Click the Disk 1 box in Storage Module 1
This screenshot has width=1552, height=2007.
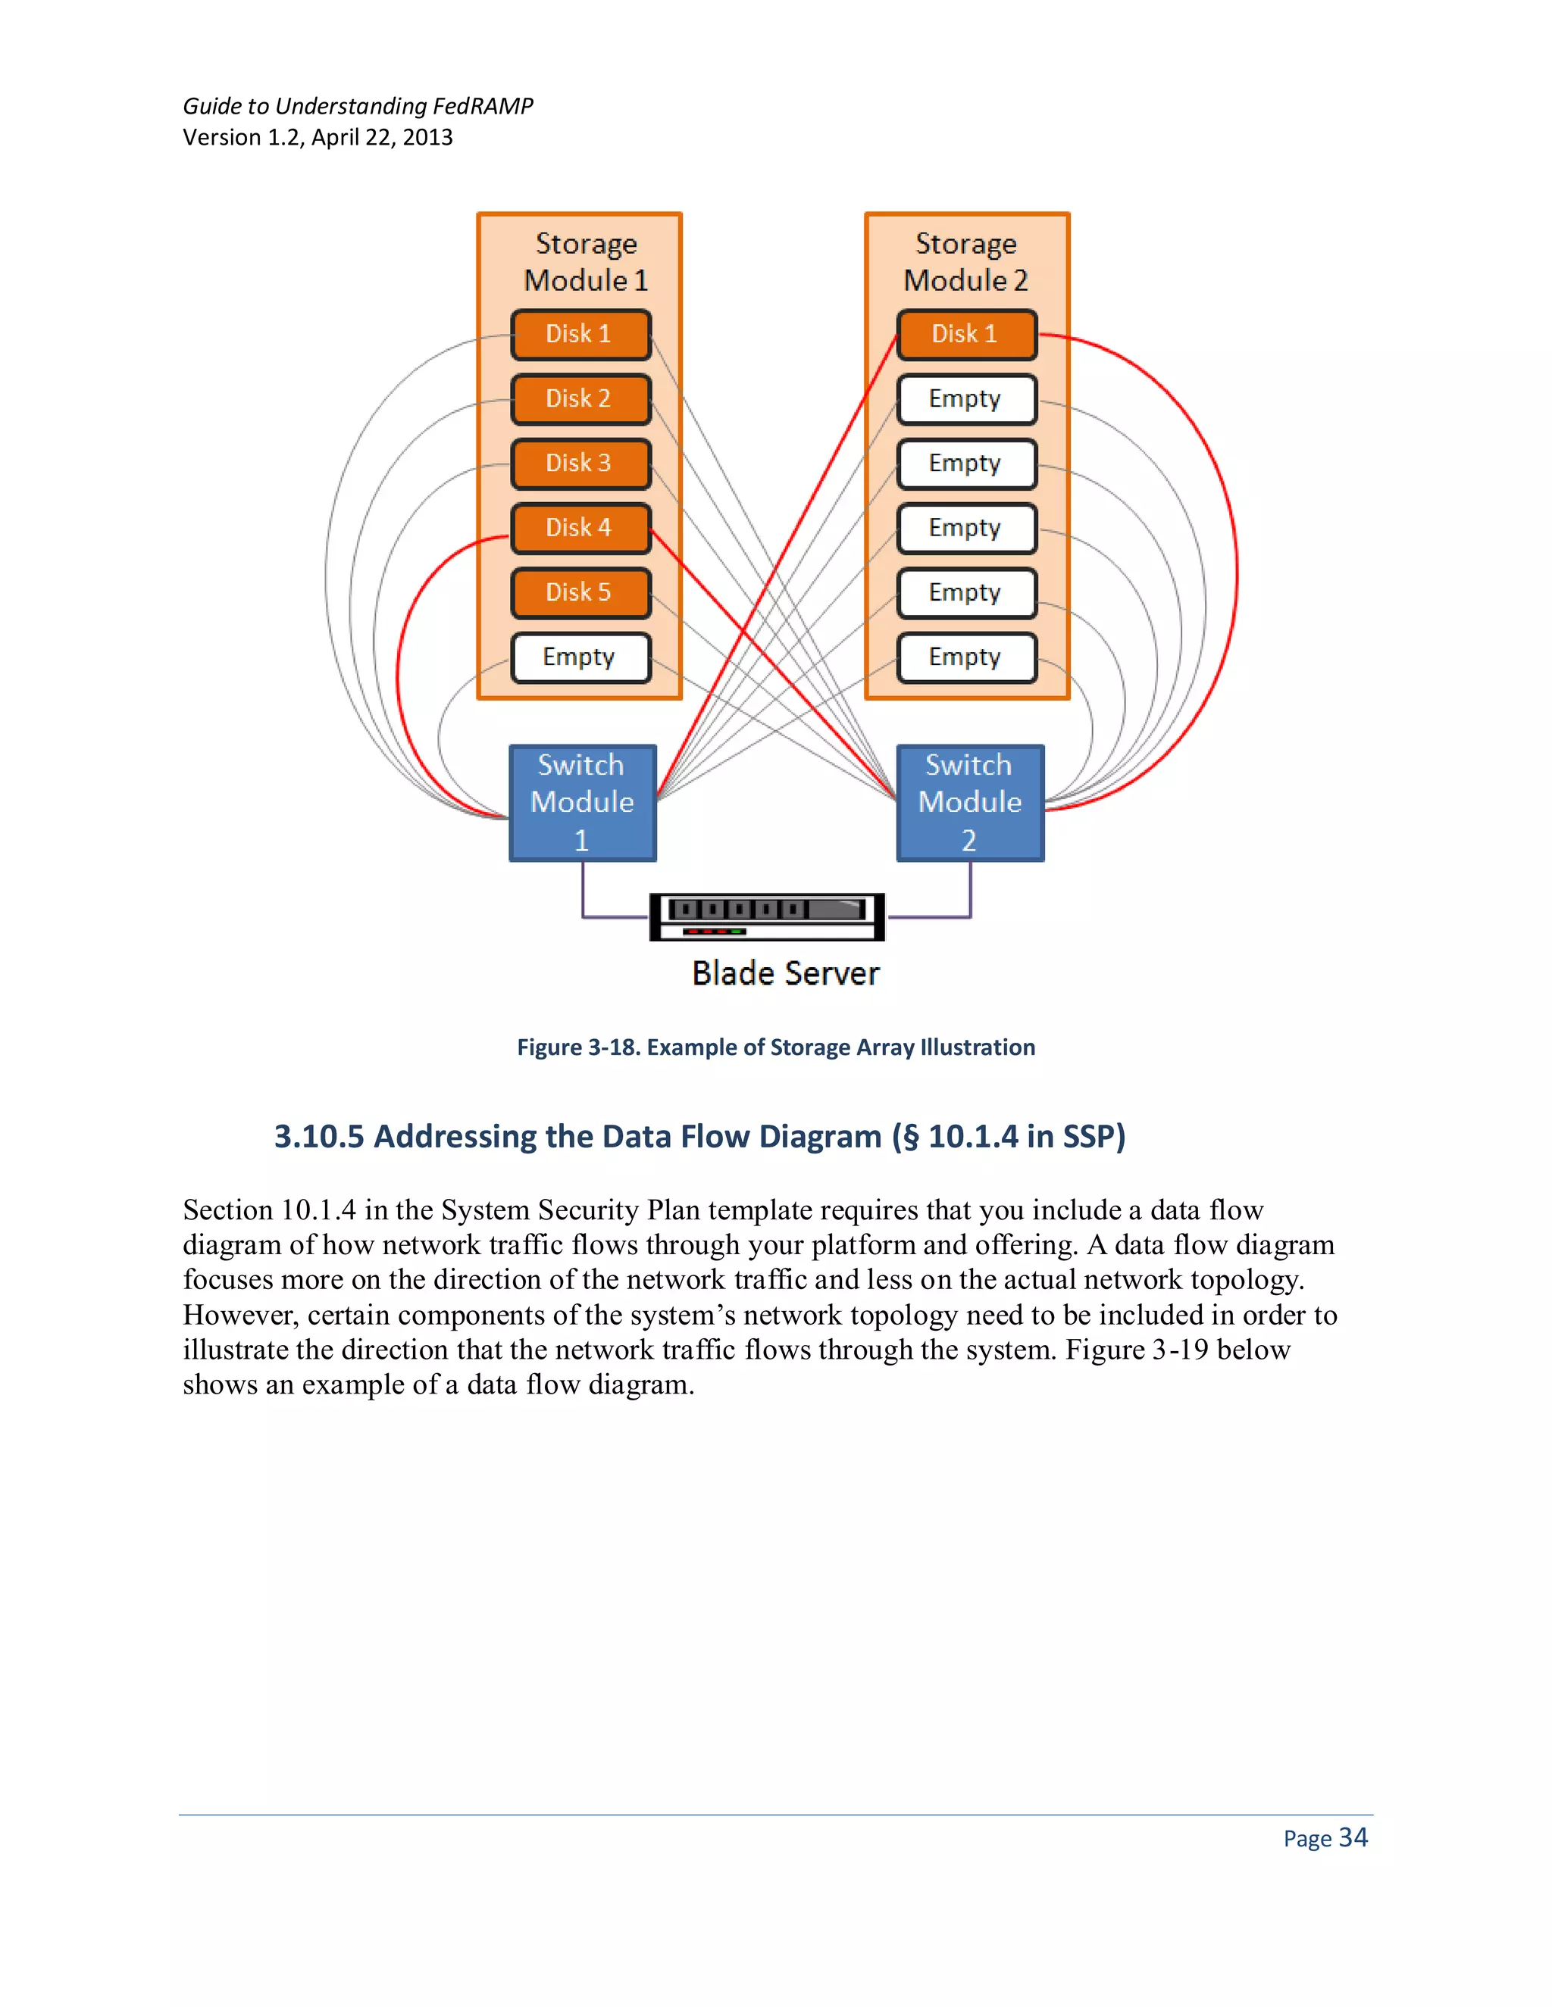[x=580, y=335]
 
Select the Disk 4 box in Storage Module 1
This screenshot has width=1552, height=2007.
[x=580, y=529]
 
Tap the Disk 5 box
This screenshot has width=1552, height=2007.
[x=580, y=593]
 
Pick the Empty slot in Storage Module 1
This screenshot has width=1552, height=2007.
[x=580, y=658]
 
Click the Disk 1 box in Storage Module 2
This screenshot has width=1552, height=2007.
[x=966, y=335]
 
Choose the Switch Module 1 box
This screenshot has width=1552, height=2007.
[x=583, y=803]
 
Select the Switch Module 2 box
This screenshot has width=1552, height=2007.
[x=970, y=803]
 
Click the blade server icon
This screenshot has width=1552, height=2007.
[x=767, y=916]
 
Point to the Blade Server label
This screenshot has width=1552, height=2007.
[x=785, y=973]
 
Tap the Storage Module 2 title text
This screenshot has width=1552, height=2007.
[x=965, y=262]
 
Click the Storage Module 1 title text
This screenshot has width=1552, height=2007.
[x=586, y=262]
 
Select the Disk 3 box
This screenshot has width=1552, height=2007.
[x=580, y=464]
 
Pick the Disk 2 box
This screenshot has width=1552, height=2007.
[x=580, y=400]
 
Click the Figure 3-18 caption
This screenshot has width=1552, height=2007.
[x=776, y=1047]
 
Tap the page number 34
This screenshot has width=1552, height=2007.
[x=1353, y=1838]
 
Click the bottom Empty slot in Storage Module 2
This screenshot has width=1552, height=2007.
[x=966, y=658]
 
